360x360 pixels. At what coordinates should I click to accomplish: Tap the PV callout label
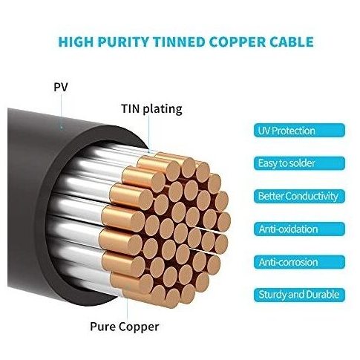click(x=61, y=87)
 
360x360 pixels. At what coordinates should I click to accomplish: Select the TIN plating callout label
click(x=151, y=109)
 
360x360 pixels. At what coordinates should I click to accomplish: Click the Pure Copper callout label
click(x=125, y=327)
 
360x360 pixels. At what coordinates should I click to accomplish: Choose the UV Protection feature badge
click(x=299, y=131)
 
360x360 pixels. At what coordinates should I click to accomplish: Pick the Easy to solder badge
click(x=299, y=163)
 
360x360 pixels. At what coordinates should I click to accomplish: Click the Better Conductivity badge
click(x=299, y=196)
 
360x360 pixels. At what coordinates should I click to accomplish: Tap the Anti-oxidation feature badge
click(x=299, y=229)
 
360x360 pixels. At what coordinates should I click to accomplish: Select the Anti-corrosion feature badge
click(x=299, y=262)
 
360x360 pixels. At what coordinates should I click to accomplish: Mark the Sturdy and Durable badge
click(x=299, y=295)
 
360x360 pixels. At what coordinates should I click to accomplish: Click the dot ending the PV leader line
click(x=62, y=128)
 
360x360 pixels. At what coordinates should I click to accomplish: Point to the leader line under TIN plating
click(x=149, y=134)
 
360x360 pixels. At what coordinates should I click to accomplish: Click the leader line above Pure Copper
click(x=128, y=307)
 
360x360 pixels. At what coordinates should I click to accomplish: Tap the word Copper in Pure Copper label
click(x=139, y=327)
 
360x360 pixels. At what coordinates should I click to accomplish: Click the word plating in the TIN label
click(x=163, y=110)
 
